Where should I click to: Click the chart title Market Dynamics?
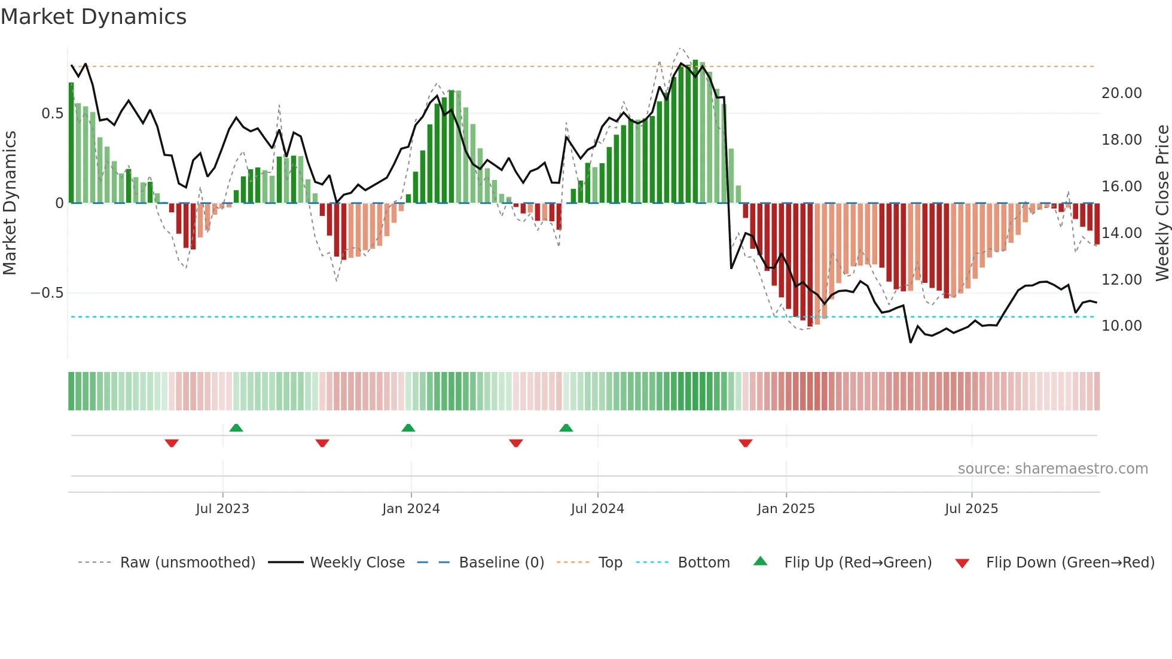click(93, 17)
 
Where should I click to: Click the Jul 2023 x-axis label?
click(222, 509)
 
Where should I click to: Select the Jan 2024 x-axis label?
click(411, 509)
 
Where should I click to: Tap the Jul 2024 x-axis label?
click(597, 509)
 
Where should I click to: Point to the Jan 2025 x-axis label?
click(786, 509)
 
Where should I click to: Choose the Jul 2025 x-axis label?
click(971, 509)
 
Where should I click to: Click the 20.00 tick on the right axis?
click(1121, 93)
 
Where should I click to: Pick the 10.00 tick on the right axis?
click(1121, 326)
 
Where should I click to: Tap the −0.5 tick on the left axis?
click(47, 293)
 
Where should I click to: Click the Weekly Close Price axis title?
click(1162, 203)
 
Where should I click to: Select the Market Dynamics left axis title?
click(10, 203)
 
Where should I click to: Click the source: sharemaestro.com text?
click(1052, 469)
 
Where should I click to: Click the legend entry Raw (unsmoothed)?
click(187, 563)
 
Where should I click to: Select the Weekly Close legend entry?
click(357, 563)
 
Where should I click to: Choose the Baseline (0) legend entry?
click(501, 563)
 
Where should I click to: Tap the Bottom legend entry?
click(703, 563)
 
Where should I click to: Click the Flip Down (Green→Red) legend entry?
click(1070, 563)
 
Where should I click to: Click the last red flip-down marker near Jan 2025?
click(745, 443)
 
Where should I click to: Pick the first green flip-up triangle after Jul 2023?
click(236, 428)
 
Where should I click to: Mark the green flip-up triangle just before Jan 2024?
click(408, 428)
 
